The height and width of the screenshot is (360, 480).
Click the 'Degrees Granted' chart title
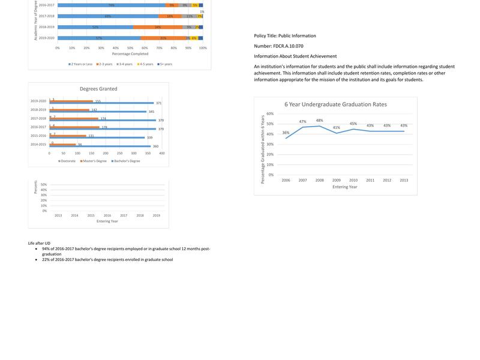(98, 89)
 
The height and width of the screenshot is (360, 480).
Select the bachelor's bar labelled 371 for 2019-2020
(101, 103)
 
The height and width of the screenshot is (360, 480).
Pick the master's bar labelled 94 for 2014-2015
(63, 145)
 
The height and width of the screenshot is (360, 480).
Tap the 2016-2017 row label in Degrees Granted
(38, 127)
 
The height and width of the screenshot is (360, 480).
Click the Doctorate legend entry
(67, 161)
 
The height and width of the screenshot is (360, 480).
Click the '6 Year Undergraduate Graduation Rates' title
(335, 104)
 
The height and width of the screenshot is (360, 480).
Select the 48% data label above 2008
(319, 121)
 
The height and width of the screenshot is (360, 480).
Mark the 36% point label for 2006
(286, 133)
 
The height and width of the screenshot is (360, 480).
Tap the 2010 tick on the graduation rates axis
(353, 180)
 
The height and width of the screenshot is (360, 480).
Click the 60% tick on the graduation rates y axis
(270, 114)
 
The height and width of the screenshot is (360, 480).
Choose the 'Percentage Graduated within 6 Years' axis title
(262, 149)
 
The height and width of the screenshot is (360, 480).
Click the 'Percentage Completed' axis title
(130, 54)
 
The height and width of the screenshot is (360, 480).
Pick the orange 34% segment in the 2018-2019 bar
(158, 27)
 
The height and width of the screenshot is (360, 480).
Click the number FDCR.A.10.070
(288, 46)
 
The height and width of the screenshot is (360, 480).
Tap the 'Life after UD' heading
(39, 244)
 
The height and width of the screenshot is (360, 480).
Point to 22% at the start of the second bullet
(46, 260)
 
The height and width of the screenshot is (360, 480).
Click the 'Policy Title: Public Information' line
(285, 36)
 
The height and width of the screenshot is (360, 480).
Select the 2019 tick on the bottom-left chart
(156, 215)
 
